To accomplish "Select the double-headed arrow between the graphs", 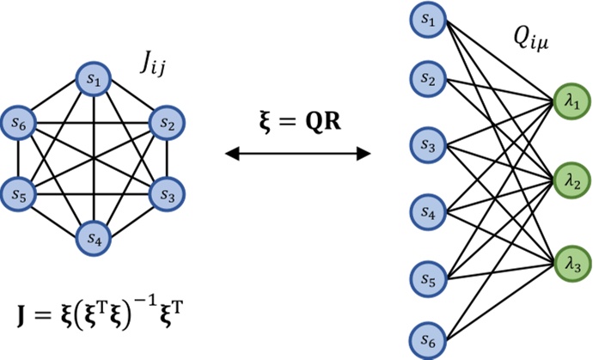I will (296, 154).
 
